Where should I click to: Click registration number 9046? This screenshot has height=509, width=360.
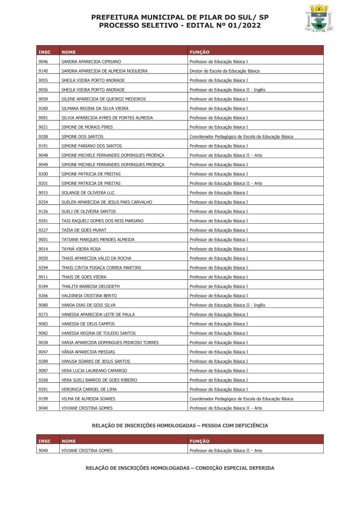click(x=43, y=62)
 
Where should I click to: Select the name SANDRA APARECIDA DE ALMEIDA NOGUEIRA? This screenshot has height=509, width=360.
click(x=104, y=71)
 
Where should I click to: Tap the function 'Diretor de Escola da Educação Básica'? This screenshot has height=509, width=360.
click(x=224, y=71)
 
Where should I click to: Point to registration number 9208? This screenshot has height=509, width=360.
click(x=43, y=137)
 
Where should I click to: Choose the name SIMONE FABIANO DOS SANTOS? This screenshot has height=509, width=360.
click(x=91, y=146)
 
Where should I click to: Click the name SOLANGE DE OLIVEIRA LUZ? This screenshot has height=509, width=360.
click(x=88, y=193)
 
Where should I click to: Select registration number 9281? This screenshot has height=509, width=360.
click(x=43, y=221)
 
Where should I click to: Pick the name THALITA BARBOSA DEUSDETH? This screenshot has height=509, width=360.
click(x=90, y=286)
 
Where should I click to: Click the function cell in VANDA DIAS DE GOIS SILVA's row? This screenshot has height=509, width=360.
click(x=227, y=305)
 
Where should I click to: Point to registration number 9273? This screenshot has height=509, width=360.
click(x=43, y=315)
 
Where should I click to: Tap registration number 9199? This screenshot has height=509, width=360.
click(x=43, y=399)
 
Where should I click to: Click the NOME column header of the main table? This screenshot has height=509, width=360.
click(x=69, y=52)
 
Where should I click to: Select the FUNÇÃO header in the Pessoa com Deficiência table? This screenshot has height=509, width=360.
click(x=199, y=441)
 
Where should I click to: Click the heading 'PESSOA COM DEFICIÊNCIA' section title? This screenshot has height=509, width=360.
click(x=180, y=425)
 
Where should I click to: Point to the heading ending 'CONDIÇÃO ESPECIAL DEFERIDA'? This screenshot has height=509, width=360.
click(x=180, y=468)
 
